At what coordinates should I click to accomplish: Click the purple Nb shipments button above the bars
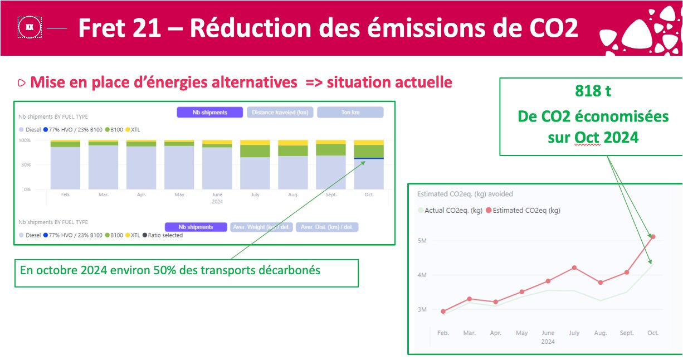(210, 113)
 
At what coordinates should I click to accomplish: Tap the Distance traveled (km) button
(280, 113)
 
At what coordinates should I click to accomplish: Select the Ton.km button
(350, 113)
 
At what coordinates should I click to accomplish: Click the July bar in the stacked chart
(255, 165)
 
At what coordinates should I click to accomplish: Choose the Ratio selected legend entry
(164, 235)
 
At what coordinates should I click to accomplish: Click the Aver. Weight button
(261, 227)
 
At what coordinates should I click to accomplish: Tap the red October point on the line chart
(653, 237)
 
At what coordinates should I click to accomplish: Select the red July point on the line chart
(574, 268)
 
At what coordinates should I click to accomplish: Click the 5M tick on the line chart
(422, 241)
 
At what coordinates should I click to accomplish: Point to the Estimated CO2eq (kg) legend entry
(526, 211)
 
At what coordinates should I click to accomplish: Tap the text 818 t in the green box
(592, 91)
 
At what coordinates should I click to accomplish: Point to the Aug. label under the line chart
(601, 333)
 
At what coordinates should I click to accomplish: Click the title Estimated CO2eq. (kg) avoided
(465, 194)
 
